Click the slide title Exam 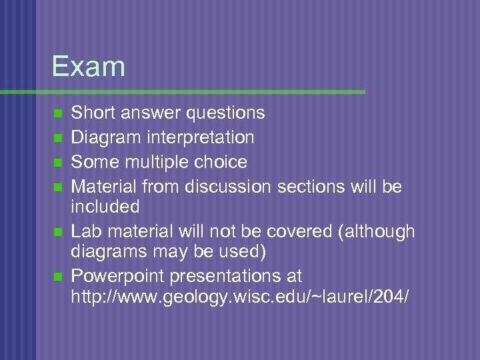[88, 67]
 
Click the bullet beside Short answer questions [57, 113]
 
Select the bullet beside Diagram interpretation [57, 138]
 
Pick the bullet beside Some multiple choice [57, 163]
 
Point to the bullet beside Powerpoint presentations [57, 276]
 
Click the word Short [91, 113]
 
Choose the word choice [223, 162]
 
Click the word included [105, 207]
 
